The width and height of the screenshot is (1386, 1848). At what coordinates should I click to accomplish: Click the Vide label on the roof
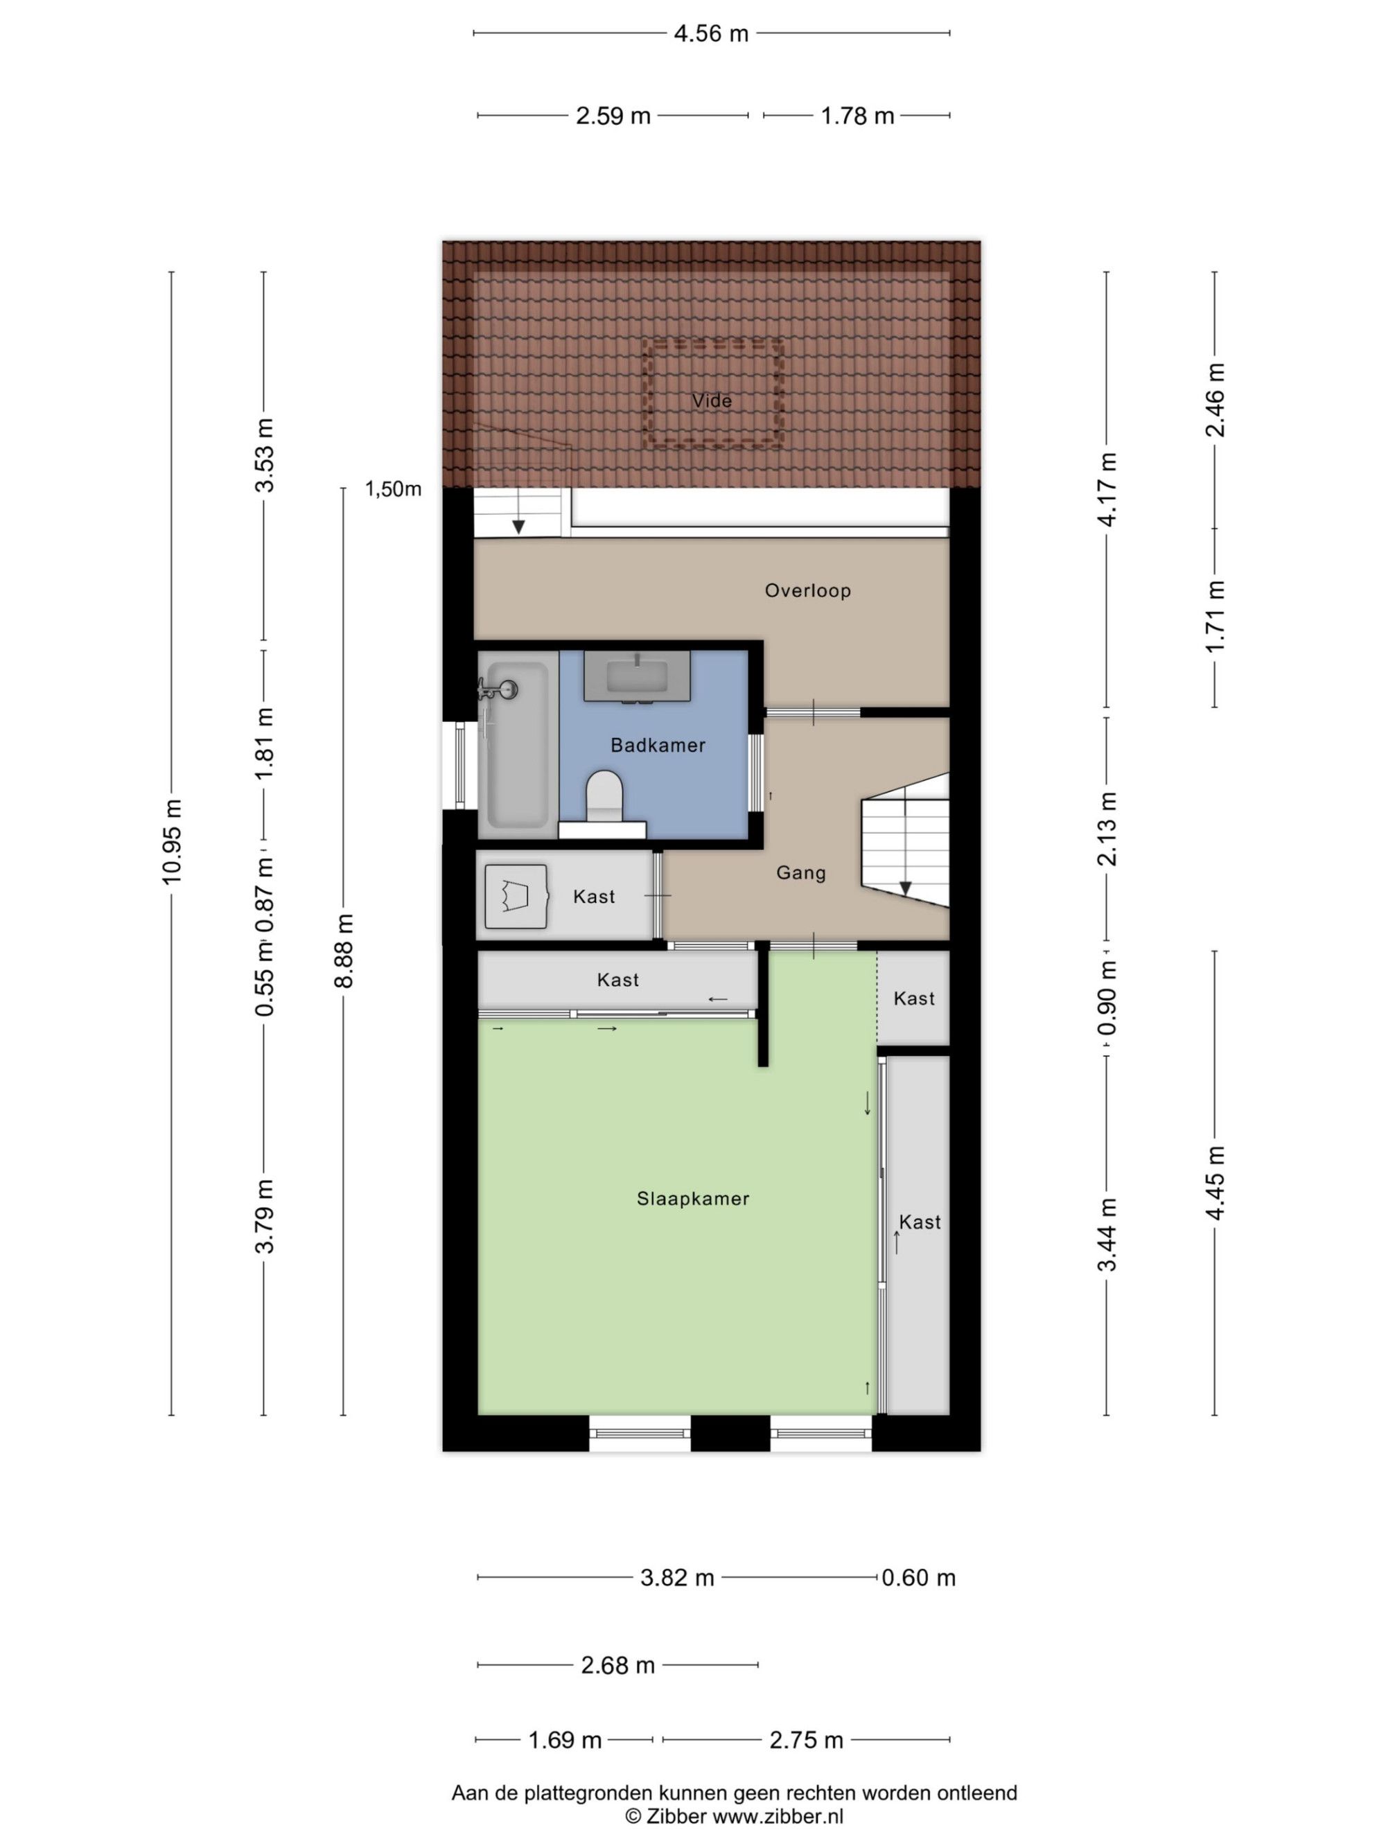click(x=712, y=401)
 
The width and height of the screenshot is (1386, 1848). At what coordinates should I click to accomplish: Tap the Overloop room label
click(x=808, y=590)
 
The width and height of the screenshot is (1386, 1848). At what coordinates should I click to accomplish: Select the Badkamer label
click(x=658, y=745)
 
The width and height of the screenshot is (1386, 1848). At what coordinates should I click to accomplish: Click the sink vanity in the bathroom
click(x=637, y=676)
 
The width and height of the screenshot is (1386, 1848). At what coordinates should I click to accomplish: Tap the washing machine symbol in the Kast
click(x=516, y=897)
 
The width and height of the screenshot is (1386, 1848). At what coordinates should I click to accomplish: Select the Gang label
click(x=800, y=873)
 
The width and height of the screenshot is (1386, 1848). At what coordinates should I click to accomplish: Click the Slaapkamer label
click(x=692, y=1199)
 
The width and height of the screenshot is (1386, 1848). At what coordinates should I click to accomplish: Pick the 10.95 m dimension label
click(x=172, y=841)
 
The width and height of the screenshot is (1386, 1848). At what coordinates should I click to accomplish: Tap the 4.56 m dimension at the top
click(x=711, y=33)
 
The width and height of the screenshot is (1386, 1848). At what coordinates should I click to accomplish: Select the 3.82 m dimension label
click(x=676, y=1578)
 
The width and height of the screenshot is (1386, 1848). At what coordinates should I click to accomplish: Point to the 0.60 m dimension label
click(x=918, y=1578)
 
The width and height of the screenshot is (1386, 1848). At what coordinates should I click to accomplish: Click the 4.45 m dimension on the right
click(x=1215, y=1182)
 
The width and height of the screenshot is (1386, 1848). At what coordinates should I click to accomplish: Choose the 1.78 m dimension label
click(x=857, y=116)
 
